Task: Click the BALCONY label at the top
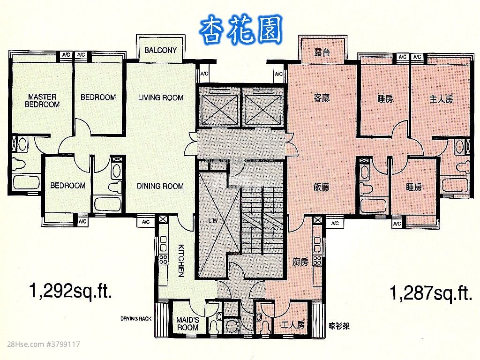point(160,50)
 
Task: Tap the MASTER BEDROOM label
point(42,101)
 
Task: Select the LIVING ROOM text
point(160,97)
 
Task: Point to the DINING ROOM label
point(160,186)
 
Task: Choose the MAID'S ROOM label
point(187,324)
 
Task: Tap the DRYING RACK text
point(136,319)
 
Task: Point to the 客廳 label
point(321,98)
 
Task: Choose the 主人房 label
point(441,99)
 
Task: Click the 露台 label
point(322,52)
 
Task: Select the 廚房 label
point(300,262)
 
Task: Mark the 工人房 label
point(293,324)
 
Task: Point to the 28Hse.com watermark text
point(40,345)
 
